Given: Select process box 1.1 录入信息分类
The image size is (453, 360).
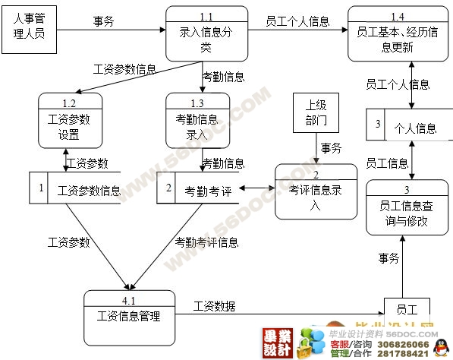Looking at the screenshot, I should coord(206,33).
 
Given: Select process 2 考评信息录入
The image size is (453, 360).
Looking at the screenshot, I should coord(316,191).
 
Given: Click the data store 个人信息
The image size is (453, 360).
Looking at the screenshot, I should coord(414,128).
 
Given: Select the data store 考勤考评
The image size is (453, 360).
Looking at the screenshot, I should coord(207,190).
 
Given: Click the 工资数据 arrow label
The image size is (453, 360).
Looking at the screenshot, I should coord(214,306).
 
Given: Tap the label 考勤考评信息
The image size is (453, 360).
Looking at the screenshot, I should coord(206,242).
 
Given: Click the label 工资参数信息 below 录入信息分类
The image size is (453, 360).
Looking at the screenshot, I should coord(124,69).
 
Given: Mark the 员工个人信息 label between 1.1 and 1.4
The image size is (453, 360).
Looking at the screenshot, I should coord(297,22).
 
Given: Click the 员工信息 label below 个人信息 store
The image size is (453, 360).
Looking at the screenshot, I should coord(387,163).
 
